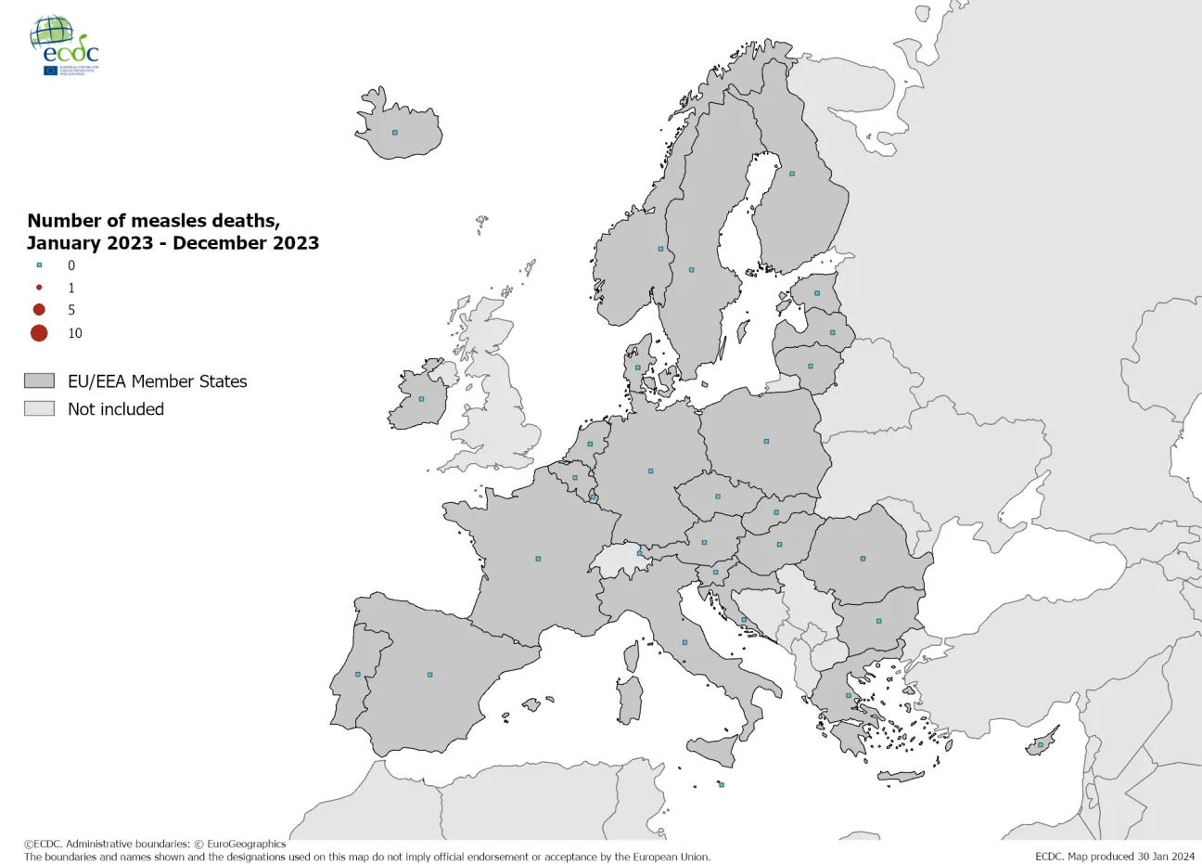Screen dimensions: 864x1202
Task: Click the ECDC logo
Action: click(64, 45)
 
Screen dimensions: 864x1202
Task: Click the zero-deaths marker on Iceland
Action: click(394, 133)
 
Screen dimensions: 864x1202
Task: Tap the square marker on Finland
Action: click(792, 174)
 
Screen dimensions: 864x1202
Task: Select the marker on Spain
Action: click(429, 675)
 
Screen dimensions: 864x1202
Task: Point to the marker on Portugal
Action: click(358, 674)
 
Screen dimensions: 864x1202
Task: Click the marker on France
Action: click(538, 559)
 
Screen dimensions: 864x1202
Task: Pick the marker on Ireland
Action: click(421, 399)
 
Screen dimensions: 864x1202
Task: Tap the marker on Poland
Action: click(766, 441)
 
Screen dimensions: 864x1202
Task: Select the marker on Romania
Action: click(863, 559)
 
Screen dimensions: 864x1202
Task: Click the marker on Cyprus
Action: click(1041, 744)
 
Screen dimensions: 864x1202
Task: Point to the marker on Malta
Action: click(722, 784)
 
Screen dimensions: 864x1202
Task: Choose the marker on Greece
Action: click(848, 695)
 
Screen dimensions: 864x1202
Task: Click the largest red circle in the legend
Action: click(39, 333)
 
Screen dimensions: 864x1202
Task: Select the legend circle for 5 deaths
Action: click(39, 310)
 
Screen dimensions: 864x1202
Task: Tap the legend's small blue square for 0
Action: click(39, 265)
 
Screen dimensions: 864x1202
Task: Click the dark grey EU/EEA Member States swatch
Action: click(39, 381)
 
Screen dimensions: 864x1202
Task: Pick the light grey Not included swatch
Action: click(39, 409)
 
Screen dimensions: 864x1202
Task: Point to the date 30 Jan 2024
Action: click(1165, 857)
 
